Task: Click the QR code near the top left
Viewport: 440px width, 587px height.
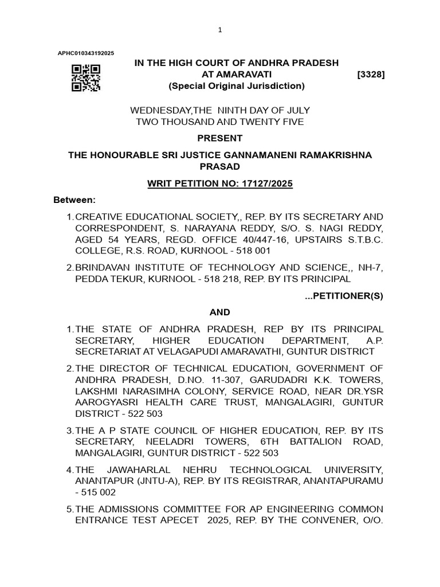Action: point(86,78)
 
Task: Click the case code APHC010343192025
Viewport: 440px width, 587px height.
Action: point(86,53)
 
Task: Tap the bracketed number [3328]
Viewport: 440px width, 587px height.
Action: point(370,75)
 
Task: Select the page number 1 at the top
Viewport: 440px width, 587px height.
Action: point(219,30)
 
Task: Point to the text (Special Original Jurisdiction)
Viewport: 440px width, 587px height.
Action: point(236,86)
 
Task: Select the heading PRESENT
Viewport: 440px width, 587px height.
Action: point(219,138)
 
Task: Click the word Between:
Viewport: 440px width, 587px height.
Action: point(74,200)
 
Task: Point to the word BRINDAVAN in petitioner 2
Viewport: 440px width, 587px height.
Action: point(103,267)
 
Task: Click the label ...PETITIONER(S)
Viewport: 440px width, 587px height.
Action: point(344,296)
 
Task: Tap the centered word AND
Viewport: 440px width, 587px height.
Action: point(219,312)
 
